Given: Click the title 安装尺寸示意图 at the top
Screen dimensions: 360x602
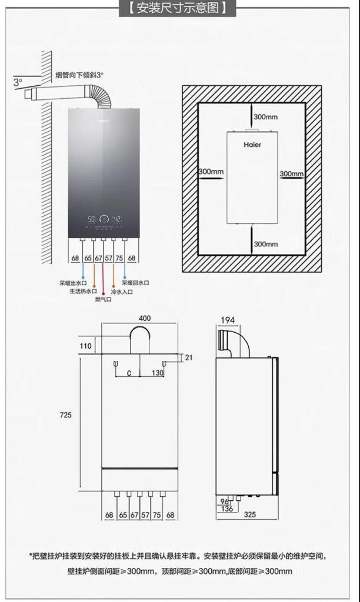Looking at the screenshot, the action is pyautogui.click(x=178, y=8).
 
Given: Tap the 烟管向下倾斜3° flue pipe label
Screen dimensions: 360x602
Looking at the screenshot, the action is pyautogui.click(x=79, y=75).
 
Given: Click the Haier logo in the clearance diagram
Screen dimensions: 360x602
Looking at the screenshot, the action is pyautogui.click(x=252, y=145).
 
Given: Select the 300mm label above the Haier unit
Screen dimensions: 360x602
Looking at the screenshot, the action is pyautogui.click(x=265, y=117).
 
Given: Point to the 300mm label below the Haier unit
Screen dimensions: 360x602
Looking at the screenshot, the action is pyautogui.click(x=265, y=244).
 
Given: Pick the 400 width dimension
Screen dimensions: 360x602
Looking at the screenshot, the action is pyautogui.click(x=145, y=318).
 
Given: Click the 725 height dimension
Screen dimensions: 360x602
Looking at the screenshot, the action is pyautogui.click(x=66, y=415).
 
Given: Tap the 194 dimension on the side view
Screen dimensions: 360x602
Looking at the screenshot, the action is pyautogui.click(x=228, y=320).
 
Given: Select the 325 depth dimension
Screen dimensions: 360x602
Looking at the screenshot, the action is pyautogui.click(x=250, y=514).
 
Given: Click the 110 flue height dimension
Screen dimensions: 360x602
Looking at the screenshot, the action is pyautogui.click(x=86, y=346).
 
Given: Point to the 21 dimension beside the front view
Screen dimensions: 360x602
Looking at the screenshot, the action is pyautogui.click(x=189, y=357).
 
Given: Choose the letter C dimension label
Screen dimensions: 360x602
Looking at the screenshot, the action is pyautogui.click(x=129, y=373).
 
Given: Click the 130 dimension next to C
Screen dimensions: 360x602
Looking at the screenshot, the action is pyautogui.click(x=158, y=372).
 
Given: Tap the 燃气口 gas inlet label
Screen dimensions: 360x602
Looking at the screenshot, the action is pyautogui.click(x=103, y=299).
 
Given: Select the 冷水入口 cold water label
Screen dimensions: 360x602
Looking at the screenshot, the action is pyautogui.click(x=122, y=292).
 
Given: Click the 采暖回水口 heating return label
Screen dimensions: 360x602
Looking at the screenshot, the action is pyautogui.click(x=136, y=283).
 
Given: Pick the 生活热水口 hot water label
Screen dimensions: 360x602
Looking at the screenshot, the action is pyautogui.click(x=84, y=292).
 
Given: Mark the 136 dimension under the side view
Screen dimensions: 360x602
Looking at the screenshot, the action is pyautogui.click(x=227, y=509).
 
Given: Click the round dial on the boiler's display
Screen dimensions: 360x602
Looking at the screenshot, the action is pyautogui.click(x=104, y=220).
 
